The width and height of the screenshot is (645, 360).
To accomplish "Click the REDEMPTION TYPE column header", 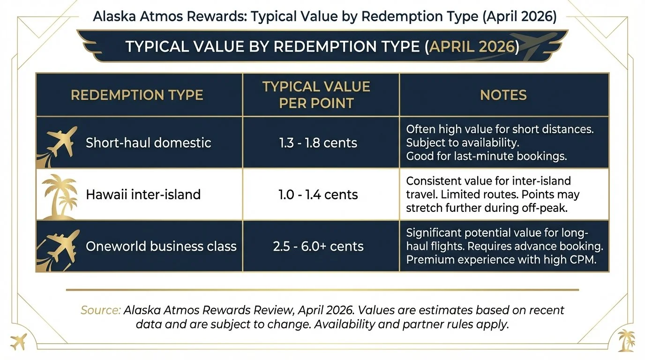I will [137, 95].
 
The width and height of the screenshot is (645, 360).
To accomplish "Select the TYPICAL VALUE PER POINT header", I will [316, 95].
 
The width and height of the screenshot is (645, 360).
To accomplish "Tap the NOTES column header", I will [503, 95].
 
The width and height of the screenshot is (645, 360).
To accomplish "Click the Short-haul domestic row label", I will [148, 142].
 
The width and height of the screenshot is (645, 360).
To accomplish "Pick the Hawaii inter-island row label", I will [143, 194].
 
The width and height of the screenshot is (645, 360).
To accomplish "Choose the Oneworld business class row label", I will [161, 246].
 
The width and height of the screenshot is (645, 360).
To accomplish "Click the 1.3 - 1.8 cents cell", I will [318, 142].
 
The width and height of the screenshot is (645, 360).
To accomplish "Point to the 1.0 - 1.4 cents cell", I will [318, 194].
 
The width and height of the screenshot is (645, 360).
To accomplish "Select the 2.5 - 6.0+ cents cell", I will [318, 246].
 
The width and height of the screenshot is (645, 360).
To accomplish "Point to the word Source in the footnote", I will [100, 310].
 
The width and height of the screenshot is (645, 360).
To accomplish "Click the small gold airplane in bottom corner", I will [18, 341].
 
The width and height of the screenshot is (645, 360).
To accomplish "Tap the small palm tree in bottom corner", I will [626, 340].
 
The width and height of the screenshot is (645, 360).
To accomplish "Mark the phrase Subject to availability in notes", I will [462, 142].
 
